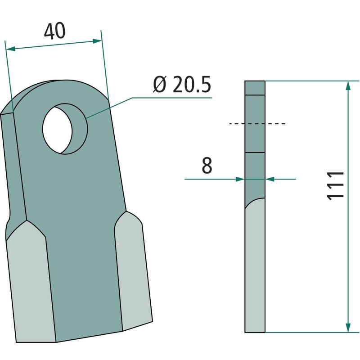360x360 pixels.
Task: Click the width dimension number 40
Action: click(x=54, y=31)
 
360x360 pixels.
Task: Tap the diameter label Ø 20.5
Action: click(x=182, y=85)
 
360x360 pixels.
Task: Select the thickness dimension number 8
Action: click(x=207, y=165)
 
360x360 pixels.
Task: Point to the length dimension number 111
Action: click(x=335, y=186)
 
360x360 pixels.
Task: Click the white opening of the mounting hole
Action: click(x=58, y=130)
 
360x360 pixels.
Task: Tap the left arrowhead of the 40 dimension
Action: click(x=10, y=49)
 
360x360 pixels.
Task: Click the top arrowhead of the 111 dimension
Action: click(x=348, y=85)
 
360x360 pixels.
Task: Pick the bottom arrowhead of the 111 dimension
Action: click(x=348, y=328)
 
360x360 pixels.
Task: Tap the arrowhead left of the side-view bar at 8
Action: click(x=240, y=179)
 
